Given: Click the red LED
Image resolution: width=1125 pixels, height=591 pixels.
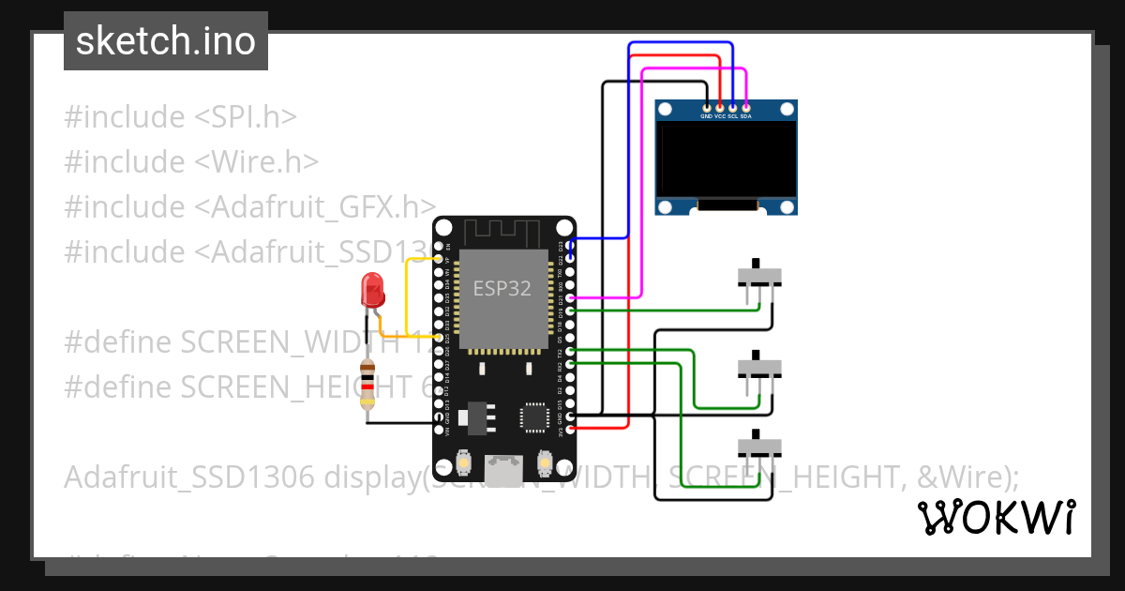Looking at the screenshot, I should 373,289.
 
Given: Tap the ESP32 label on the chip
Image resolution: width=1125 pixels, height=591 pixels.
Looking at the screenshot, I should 502,289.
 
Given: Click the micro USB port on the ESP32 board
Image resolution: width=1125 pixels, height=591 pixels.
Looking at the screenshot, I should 504,467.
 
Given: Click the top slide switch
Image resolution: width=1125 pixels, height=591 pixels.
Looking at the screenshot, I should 759,275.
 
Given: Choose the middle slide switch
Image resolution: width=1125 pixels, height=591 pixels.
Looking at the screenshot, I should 759,366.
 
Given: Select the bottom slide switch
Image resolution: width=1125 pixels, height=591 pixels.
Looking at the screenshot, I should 759,442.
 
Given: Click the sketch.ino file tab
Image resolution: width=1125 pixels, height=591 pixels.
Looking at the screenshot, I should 166,41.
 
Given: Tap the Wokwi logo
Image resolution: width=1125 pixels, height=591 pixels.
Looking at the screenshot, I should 996,517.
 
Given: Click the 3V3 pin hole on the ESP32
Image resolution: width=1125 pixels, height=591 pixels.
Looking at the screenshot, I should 571,428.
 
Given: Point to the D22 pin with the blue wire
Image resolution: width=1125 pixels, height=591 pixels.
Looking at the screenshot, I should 571,257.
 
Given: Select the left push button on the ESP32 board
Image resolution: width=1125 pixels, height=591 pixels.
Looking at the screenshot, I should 464,462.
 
